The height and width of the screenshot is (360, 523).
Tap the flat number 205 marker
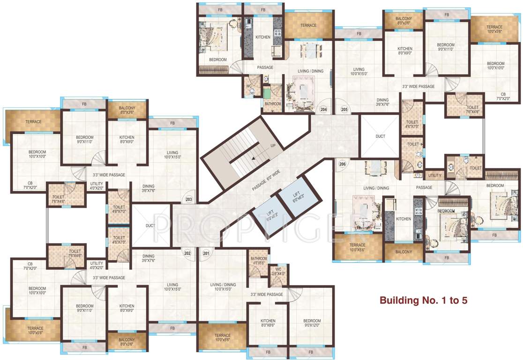point(344,109)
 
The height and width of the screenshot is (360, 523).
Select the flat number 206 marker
point(342,164)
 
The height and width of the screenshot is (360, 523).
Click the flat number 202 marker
point(187,253)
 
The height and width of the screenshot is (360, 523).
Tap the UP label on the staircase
point(273,146)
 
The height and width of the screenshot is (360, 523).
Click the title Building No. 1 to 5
point(423,300)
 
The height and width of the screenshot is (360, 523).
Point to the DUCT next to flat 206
point(380,136)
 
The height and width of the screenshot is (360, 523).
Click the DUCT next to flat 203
point(150,225)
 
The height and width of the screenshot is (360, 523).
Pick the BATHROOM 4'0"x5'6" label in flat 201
point(259,261)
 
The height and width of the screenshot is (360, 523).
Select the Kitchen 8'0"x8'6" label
point(268,323)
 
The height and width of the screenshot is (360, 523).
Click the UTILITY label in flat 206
point(434,175)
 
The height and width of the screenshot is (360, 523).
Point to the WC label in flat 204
point(248,86)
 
